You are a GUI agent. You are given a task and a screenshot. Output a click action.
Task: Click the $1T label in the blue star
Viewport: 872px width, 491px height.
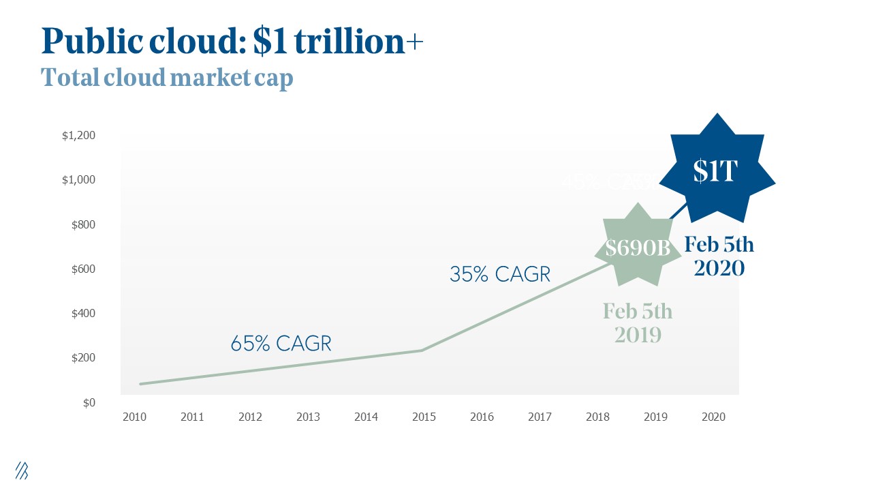(x=715, y=172)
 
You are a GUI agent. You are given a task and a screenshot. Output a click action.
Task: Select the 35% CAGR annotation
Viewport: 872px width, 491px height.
(x=499, y=274)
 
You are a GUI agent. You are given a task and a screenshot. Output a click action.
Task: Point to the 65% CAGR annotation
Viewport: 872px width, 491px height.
(x=281, y=343)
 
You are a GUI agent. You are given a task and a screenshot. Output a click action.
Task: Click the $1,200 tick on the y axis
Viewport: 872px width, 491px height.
(x=79, y=136)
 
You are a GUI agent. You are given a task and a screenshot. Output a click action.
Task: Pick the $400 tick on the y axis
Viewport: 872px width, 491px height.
(x=82, y=314)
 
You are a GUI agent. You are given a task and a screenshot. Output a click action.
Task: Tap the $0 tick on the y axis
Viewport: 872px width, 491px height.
(x=89, y=402)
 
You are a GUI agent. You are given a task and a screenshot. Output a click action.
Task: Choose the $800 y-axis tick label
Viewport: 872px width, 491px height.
(x=82, y=225)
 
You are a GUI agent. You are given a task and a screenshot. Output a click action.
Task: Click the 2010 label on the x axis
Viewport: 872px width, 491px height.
(x=134, y=417)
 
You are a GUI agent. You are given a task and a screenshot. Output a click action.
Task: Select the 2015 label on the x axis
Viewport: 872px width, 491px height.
(x=424, y=417)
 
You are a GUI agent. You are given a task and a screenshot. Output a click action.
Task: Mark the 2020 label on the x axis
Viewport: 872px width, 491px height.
(x=713, y=417)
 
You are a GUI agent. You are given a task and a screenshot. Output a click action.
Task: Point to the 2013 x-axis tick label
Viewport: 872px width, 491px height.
(x=308, y=417)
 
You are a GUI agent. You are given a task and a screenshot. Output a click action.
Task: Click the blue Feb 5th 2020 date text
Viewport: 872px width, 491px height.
(x=719, y=256)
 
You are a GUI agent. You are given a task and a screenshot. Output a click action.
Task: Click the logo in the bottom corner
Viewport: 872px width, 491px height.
(x=22, y=470)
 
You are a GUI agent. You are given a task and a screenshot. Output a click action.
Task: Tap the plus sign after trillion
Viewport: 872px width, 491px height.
(x=414, y=43)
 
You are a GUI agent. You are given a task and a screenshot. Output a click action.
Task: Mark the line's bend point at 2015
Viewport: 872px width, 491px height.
(x=422, y=351)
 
